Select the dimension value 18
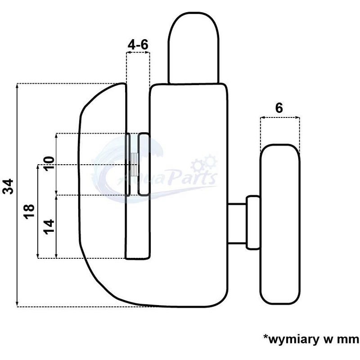(28, 211)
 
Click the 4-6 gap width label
(137, 45)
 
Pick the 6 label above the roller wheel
(279, 108)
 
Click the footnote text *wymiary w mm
(311, 338)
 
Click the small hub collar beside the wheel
(252, 222)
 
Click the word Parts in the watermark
(192, 179)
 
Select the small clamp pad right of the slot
(144, 164)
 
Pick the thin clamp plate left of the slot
(128, 164)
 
